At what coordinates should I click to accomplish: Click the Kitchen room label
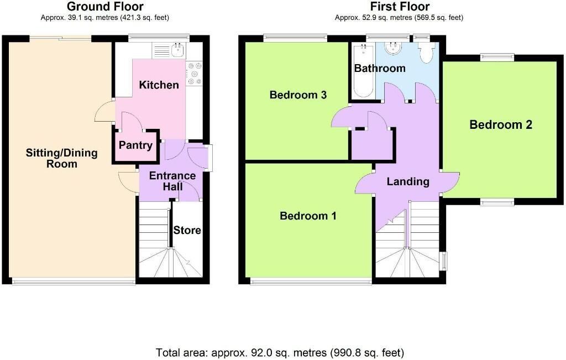pyautogui.click(x=159, y=85)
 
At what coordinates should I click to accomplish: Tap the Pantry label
pyautogui.click(x=135, y=145)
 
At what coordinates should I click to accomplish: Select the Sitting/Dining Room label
pyautogui.click(x=62, y=158)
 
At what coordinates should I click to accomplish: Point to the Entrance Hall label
pyautogui.click(x=172, y=181)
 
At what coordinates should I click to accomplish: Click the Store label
pyautogui.click(x=187, y=230)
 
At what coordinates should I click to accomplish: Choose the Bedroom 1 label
pyautogui.click(x=308, y=216)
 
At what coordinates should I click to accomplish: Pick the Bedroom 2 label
pyautogui.click(x=501, y=124)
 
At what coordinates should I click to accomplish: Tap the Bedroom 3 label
pyautogui.click(x=298, y=95)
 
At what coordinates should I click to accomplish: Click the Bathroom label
pyautogui.click(x=380, y=68)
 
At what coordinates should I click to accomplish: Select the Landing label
pyautogui.click(x=408, y=181)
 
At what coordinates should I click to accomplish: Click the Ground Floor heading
pyautogui.click(x=105, y=7)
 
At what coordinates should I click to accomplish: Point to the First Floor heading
pyautogui.click(x=400, y=7)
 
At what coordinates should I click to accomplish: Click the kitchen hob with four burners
pyautogui.click(x=194, y=74)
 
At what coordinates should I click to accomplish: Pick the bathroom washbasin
pyautogui.click(x=393, y=48)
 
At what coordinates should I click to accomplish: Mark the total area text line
pyautogui.click(x=280, y=352)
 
